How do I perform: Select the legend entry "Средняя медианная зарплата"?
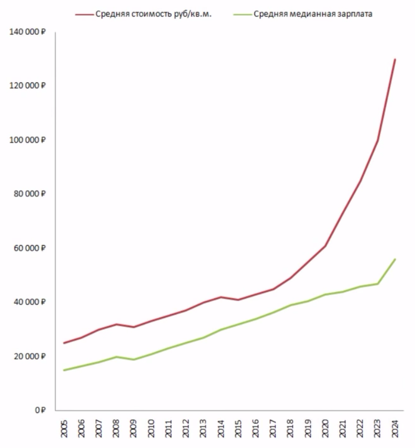click(x=312, y=14)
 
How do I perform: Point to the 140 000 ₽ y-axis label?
click(x=28, y=32)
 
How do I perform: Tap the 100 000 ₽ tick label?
click(x=28, y=140)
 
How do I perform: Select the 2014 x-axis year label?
click(x=221, y=428)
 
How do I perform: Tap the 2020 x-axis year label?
click(x=325, y=428)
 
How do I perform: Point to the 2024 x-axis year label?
click(x=395, y=428)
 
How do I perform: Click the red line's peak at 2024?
click(x=395, y=60)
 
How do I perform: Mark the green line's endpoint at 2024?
click(x=395, y=259)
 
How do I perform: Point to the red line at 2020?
click(x=325, y=246)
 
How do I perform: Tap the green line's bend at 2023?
click(x=377, y=284)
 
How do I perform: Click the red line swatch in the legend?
click(x=84, y=14)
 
